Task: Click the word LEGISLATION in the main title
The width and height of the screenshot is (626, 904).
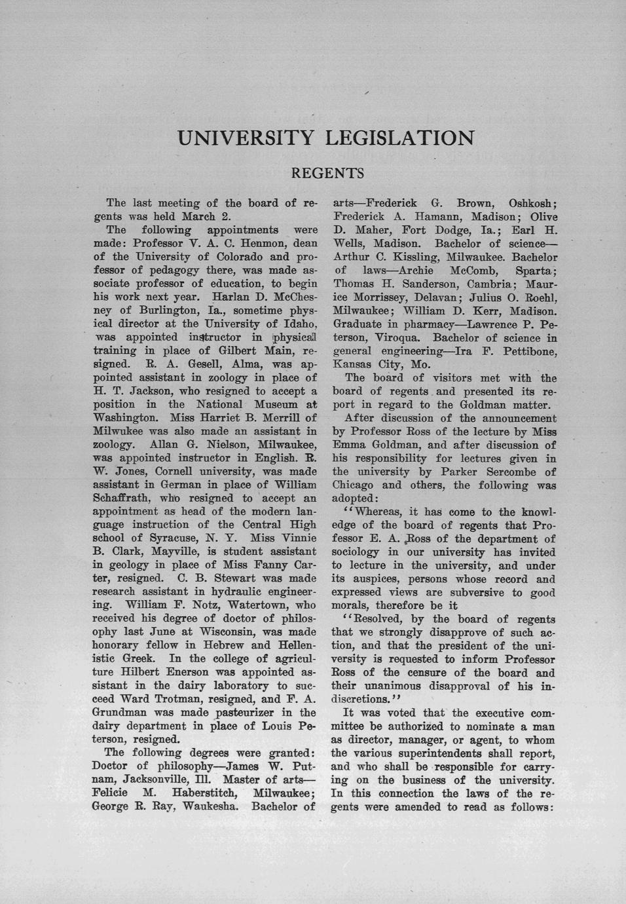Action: pos(399,138)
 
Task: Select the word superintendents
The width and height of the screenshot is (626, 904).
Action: pos(464,753)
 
